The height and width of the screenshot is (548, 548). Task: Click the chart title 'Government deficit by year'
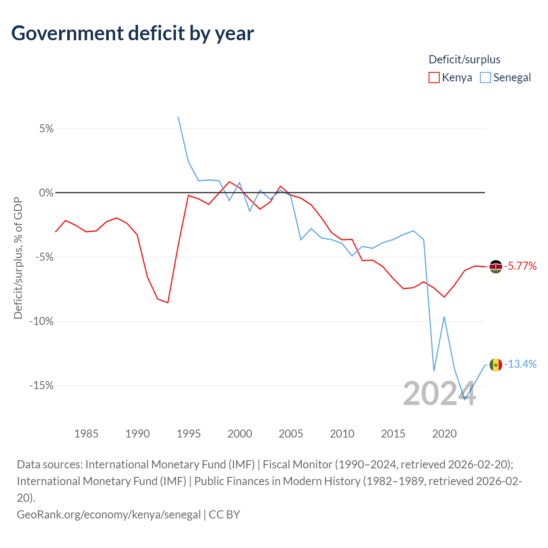click(x=132, y=33)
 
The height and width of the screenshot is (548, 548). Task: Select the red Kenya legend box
click(x=434, y=77)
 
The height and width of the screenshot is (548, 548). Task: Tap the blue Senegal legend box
click(x=485, y=77)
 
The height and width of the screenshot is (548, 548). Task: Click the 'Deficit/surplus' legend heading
click(x=464, y=60)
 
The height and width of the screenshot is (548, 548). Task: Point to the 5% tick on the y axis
click(x=46, y=128)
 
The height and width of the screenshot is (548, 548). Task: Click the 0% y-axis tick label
click(x=46, y=193)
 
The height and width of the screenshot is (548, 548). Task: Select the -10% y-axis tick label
click(x=42, y=322)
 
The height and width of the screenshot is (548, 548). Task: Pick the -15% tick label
click(x=42, y=386)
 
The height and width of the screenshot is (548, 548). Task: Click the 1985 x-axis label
click(x=86, y=434)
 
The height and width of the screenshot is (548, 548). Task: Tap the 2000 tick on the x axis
click(x=240, y=434)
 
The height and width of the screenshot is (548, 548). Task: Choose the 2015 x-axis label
click(x=393, y=434)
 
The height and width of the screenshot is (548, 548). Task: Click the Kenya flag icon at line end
click(x=496, y=267)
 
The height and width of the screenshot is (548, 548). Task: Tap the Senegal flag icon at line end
click(x=496, y=365)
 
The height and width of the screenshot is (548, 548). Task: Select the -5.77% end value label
click(x=520, y=266)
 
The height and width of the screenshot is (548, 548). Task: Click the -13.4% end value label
click(x=520, y=364)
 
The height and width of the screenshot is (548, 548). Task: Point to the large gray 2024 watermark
click(x=439, y=394)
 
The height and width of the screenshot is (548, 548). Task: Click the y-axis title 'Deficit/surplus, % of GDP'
click(x=18, y=258)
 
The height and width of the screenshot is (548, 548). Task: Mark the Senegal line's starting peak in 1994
click(x=178, y=117)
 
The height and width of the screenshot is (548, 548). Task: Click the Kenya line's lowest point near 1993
click(x=168, y=303)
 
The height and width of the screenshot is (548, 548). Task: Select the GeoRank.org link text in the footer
click(x=109, y=515)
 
